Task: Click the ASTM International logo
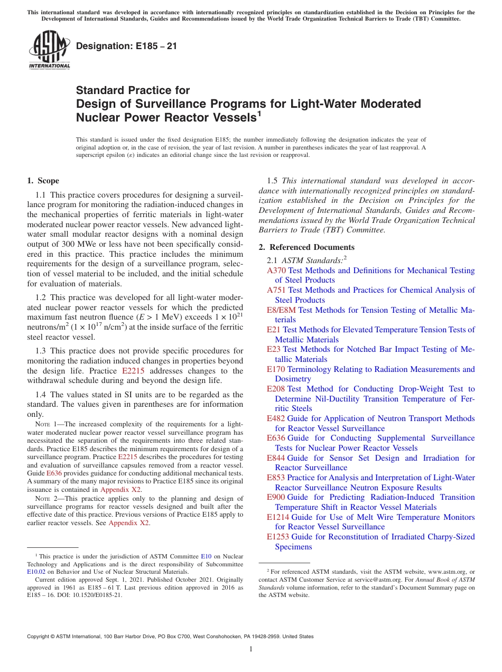coord(49,50)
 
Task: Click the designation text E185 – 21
coord(126,46)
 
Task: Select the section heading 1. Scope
coord(43,181)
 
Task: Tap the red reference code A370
coord(276,270)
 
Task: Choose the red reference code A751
coord(276,290)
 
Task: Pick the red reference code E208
coord(276,389)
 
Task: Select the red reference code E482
coord(276,418)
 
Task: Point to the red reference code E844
coord(276,458)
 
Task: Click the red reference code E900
coord(276,497)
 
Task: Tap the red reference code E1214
coord(278,517)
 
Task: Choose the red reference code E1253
coord(278,537)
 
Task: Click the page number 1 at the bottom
coord(250,649)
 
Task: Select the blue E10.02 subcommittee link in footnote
coord(36,571)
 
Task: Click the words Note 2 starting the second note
coord(45,498)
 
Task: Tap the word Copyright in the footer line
coord(40,637)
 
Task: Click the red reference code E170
coord(276,369)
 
